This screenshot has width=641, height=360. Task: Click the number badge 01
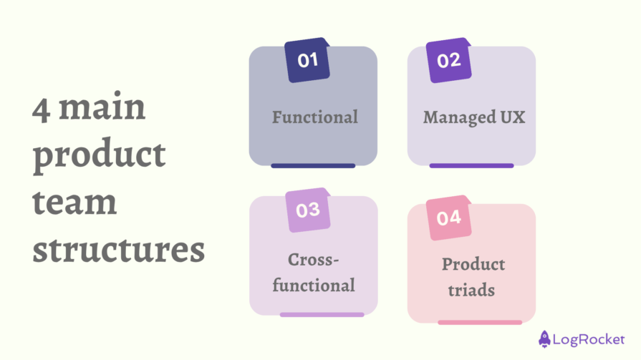point(307,59)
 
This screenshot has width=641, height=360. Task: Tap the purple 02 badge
point(449,60)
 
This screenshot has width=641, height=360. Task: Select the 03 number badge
point(307,210)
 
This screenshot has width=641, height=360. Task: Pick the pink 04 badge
point(449,217)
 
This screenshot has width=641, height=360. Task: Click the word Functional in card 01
point(314,117)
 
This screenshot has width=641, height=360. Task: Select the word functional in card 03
point(314,285)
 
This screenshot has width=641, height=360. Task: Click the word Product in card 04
point(473,264)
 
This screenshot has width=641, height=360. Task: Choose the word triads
point(472,291)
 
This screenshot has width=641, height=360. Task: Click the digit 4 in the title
point(40,110)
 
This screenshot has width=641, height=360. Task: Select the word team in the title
point(74,203)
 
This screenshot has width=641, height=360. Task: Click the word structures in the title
point(118,250)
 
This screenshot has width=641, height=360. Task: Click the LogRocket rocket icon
point(544,337)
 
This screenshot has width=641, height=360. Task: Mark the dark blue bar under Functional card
point(313,165)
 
